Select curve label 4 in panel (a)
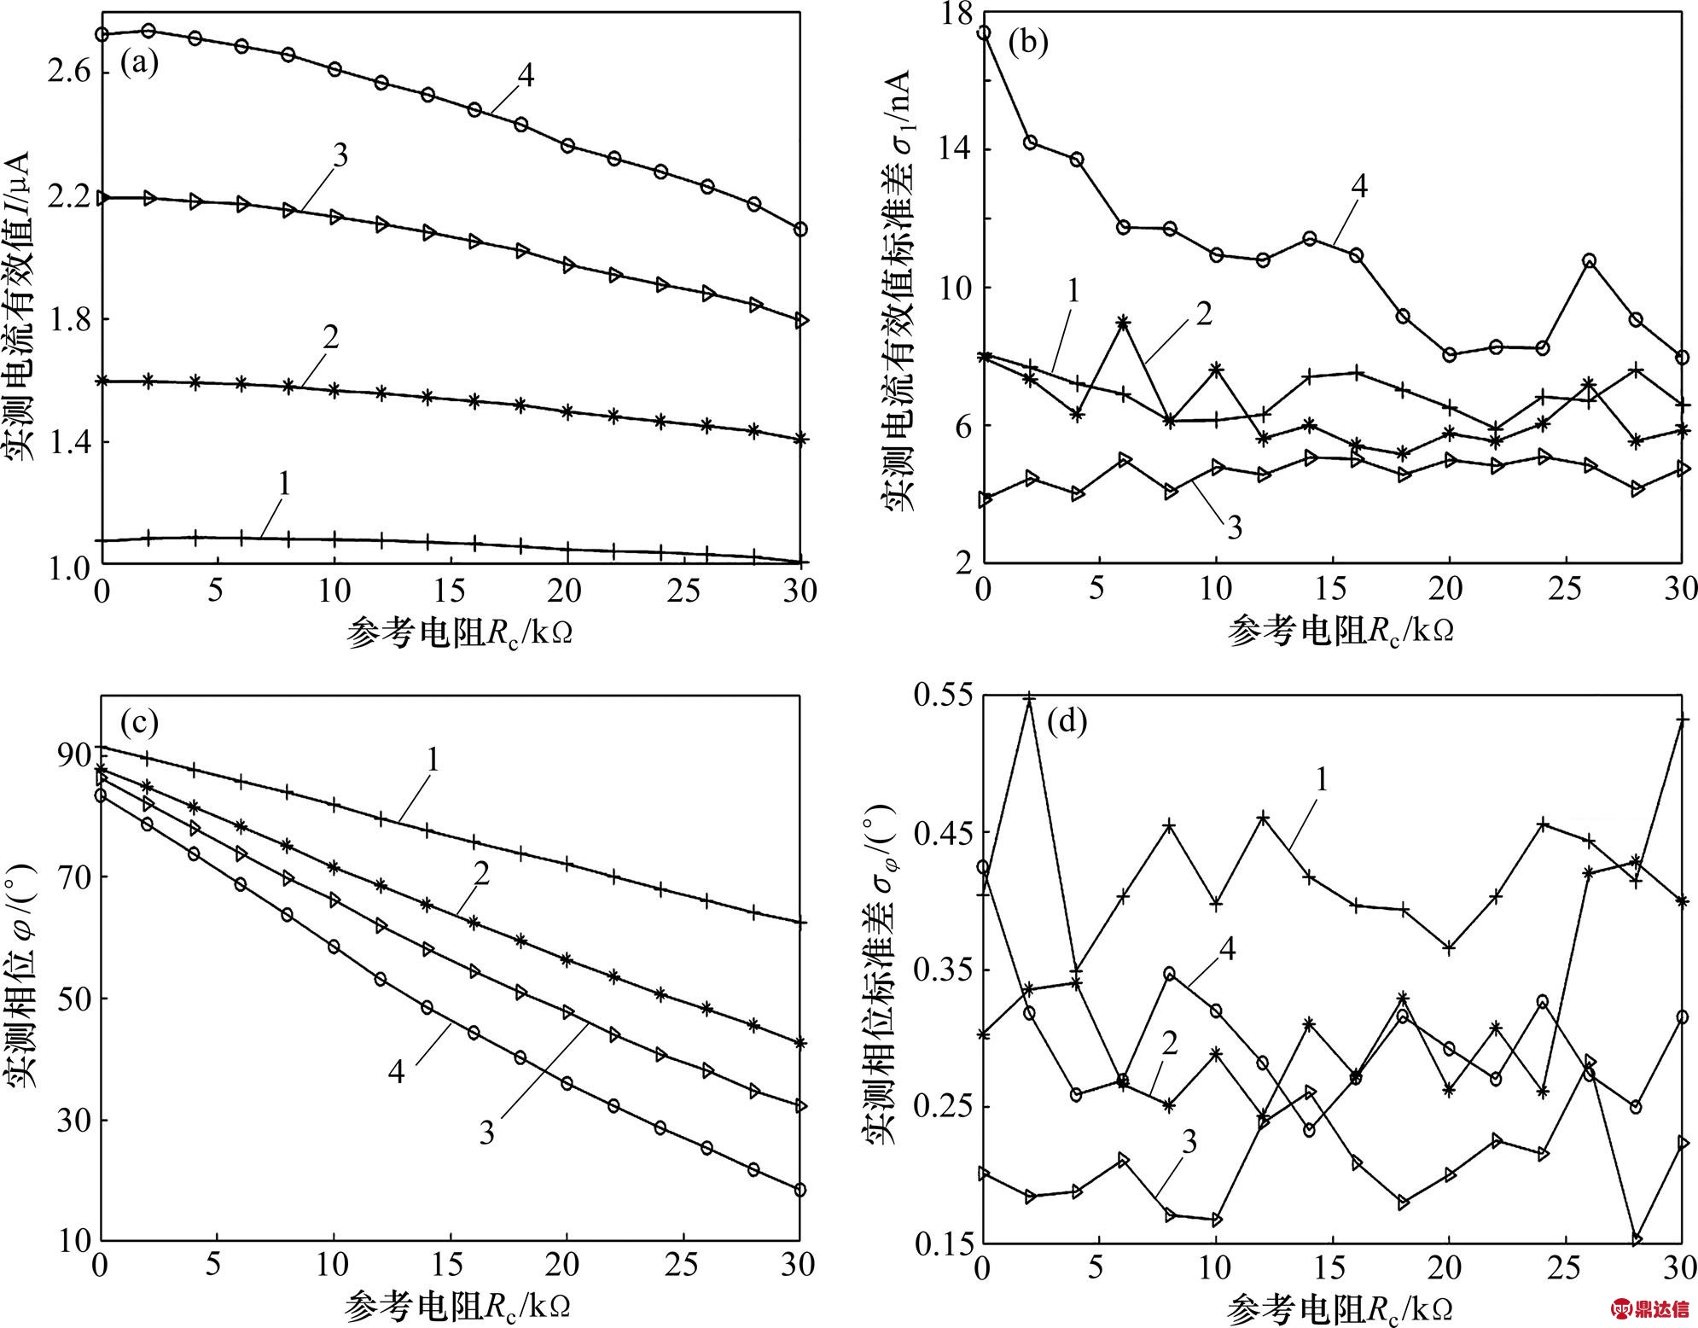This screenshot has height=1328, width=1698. click(526, 75)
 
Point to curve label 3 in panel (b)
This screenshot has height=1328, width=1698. click(1234, 527)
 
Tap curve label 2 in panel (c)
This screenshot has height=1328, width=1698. click(481, 875)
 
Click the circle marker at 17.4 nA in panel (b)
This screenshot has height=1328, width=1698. click(984, 33)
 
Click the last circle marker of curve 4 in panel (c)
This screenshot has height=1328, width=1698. click(800, 1190)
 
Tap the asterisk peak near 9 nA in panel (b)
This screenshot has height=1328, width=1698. click(1123, 323)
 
